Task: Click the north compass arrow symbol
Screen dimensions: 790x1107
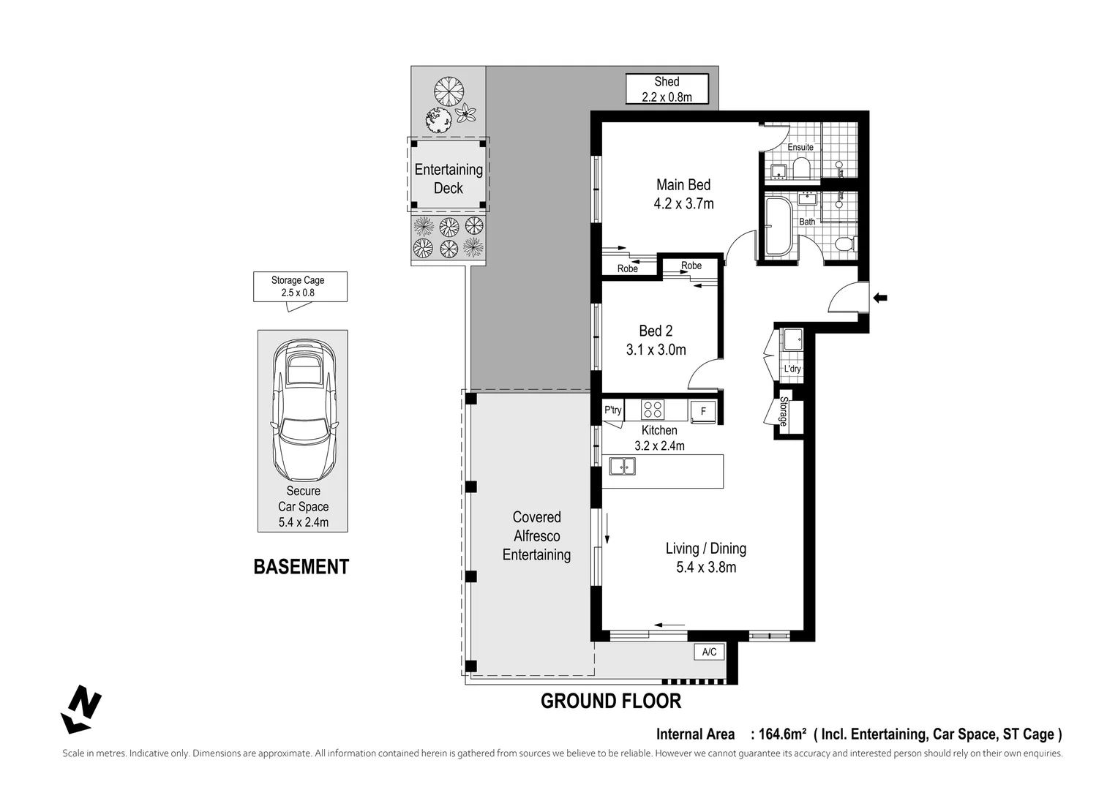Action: [81, 709]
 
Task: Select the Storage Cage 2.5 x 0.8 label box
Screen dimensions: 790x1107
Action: [300, 287]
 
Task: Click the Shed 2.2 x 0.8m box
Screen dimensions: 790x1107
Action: [667, 89]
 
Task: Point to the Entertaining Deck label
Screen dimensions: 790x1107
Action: [449, 178]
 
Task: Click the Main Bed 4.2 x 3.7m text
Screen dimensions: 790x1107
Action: [683, 195]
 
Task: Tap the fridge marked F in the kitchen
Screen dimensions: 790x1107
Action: [703, 411]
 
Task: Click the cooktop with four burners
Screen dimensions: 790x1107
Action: [652, 410]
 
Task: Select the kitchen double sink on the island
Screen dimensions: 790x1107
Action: [623, 465]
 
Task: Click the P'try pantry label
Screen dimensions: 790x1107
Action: [612, 410]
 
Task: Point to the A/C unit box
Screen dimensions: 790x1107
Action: [709, 652]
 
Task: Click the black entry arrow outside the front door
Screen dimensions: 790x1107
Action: [880, 298]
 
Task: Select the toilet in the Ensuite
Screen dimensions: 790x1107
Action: [801, 170]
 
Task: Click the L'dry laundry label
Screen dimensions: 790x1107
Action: [792, 369]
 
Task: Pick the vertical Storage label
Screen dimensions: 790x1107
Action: [782, 412]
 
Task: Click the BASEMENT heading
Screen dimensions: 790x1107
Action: [301, 567]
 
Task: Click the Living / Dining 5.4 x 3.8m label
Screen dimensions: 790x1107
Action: [705, 557]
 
